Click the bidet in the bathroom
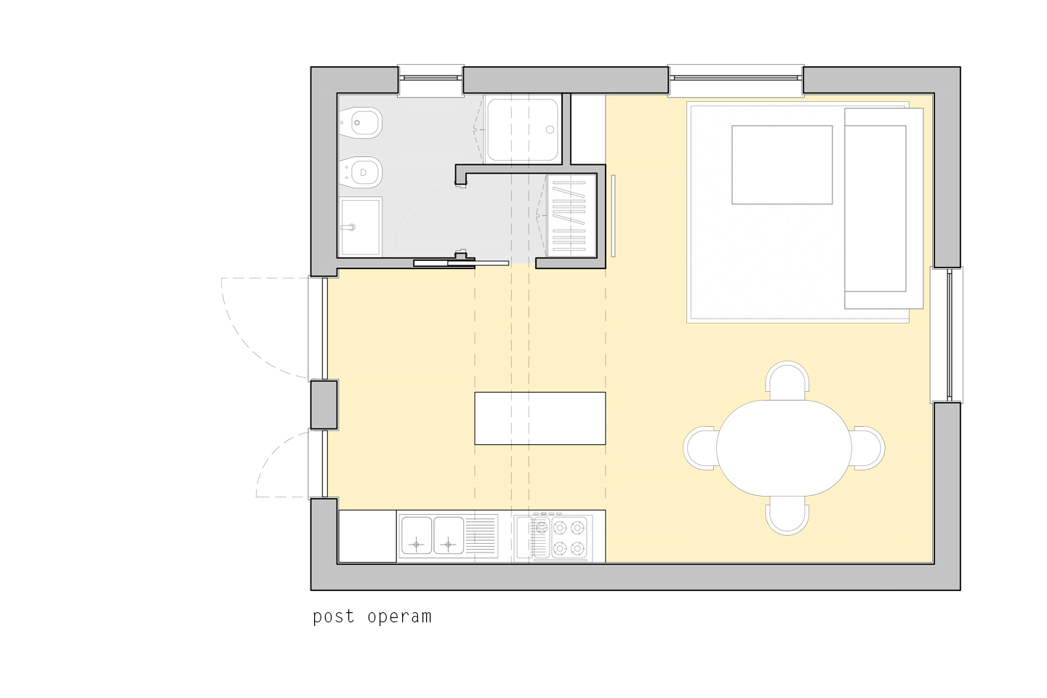(361, 123)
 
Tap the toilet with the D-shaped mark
(361, 172)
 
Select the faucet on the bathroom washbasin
(349, 228)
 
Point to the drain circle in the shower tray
(550, 129)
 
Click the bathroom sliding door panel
(461, 264)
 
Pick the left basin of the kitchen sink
(417, 535)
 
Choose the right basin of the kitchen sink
(448, 535)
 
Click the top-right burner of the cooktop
(578, 528)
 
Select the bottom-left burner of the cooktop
(560, 547)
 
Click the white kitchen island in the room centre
(539, 418)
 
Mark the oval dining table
(784, 448)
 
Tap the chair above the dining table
(787, 380)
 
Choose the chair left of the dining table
(699, 448)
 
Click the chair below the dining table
(787, 516)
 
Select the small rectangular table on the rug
(782, 164)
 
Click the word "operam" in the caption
(399, 617)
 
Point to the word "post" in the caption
(334, 617)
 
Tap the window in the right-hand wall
(947, 334)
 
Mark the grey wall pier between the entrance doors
(324, 405)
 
